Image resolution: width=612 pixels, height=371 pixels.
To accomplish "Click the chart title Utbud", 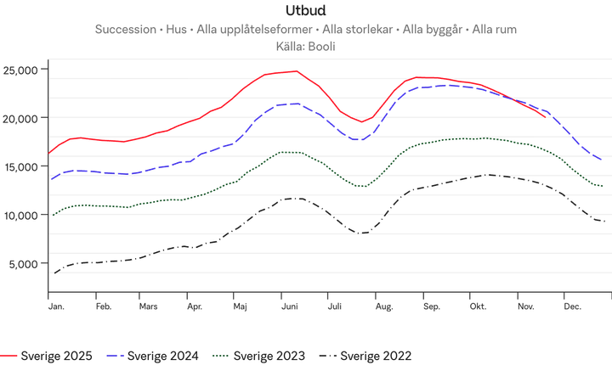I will pos(306,11).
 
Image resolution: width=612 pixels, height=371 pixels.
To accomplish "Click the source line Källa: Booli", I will pos(306,46).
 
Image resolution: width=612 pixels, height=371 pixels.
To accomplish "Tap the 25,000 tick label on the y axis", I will pos(25,70).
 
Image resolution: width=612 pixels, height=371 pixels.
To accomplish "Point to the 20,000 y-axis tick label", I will pos(25,118).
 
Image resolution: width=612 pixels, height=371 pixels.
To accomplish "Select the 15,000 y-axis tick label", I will pos(25,166).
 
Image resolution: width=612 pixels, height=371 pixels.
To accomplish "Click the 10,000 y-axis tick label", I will pos(25,215).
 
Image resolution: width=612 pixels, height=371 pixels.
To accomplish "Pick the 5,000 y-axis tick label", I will pos(27,263).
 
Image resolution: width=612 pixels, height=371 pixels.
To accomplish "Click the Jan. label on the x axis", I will pos(57,306).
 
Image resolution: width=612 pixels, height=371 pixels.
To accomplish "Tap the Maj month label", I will pos(241,306).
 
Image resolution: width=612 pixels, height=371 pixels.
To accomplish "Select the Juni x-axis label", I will pos(289,306).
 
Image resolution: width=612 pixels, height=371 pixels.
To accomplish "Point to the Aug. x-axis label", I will pos(384,306).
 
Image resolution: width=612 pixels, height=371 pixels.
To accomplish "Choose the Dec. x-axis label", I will pos(572,306).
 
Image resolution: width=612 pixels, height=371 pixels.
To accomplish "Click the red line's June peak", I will pos(293,71).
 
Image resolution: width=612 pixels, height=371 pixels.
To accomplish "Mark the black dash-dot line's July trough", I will pos(363,233).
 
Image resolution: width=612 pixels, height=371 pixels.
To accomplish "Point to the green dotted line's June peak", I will pos(292,152).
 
